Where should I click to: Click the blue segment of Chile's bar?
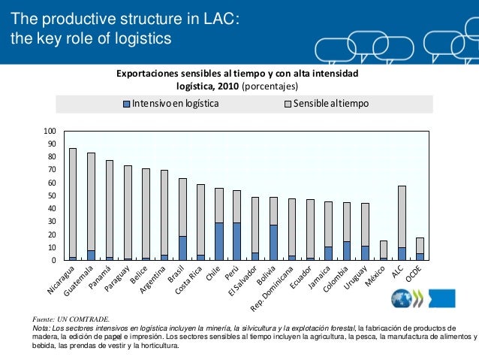(218, 241)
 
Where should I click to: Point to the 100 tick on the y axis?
(51, 131)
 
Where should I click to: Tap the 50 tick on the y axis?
(53, 195)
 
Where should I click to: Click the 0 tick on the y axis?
(55, 260)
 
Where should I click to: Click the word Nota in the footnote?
(41, 328)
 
